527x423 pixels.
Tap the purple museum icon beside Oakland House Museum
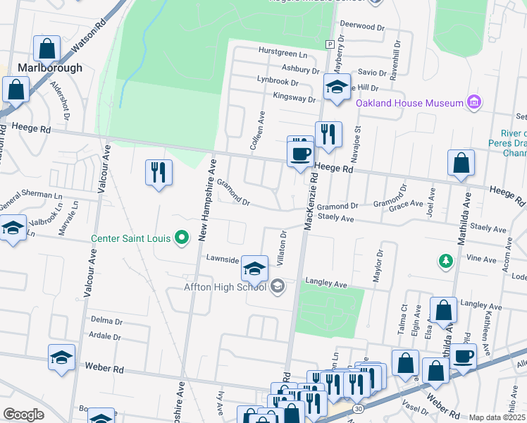pyautogui.click(x=474, y=103)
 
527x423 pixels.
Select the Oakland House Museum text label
pyautogui.click(x=409, y=104)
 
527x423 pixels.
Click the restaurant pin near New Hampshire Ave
pyautogui.click(x=159, y=173)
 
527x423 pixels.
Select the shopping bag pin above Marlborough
pyautogui.click(x=46, y=49)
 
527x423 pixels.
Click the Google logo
pyautogui.click(x=23, y=415)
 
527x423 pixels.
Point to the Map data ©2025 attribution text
pyautogui.click(x=497, y=417)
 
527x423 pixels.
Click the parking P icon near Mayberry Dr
pyautogui.click(x=329, y=44)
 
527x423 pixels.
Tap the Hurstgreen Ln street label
pyautogui.click(x=283, y=54)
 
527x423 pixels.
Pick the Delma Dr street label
pyautogui.click(x=106, y=320)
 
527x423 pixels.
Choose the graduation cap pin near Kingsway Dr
pyautogui.click(x=337, y=88)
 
